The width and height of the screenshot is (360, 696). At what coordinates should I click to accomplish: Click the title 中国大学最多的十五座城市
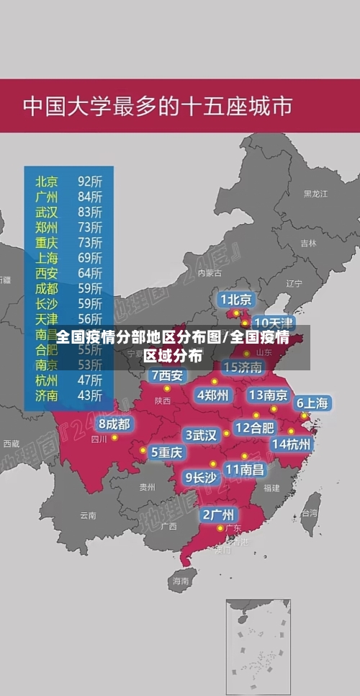(158, 107)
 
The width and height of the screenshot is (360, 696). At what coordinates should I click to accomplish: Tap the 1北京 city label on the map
(236, 299)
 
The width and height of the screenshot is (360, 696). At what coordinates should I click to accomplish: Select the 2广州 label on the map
(217, 514)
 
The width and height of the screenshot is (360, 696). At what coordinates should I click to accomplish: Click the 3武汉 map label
(202, 435)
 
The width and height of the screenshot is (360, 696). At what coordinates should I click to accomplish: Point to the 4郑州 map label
(213, 395)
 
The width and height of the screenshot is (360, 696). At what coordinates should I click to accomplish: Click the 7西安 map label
(167, 375)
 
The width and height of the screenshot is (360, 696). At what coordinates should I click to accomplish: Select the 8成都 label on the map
(114, 424)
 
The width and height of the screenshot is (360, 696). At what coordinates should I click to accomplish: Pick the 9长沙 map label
(201, 477)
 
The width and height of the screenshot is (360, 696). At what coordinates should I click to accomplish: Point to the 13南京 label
(269, 395)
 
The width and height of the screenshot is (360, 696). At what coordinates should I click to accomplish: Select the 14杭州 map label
(292, 444)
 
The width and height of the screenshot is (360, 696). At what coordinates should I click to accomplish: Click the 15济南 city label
(243, 367)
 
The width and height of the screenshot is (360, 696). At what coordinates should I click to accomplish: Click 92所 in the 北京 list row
(90, 180)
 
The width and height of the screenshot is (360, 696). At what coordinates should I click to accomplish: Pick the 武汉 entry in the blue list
(47, 212)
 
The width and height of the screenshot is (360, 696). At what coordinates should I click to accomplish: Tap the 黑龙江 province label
(315, 194)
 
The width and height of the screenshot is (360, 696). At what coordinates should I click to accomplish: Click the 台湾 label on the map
(309, 514)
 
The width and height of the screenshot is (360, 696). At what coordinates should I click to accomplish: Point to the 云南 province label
(88, 515)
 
